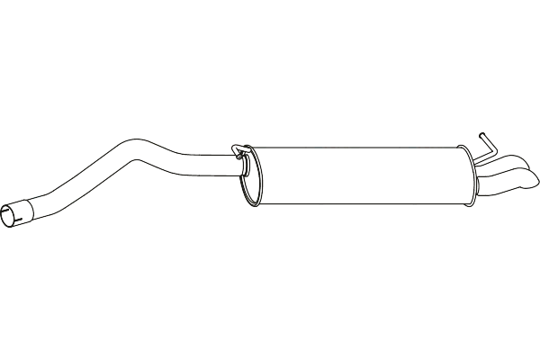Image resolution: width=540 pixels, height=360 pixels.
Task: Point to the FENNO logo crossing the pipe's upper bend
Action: (x=144, y=144)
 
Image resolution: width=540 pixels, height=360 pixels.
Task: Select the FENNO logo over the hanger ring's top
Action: (x=238, y=144)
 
